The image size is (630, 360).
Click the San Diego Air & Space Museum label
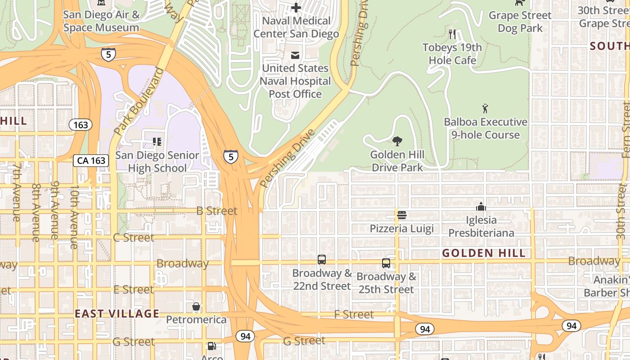[101, 21]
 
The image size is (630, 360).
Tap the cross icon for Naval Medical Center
[296, 7]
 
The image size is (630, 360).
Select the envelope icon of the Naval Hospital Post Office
[295, 55]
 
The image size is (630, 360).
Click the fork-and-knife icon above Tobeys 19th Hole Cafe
[452, 34]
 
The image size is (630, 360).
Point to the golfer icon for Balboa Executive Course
[485, 108]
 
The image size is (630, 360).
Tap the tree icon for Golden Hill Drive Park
[397, 142]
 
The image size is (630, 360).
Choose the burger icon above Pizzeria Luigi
[402, 215]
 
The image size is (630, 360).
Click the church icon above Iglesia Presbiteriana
[481, 207]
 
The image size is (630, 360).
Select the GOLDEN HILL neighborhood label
[484, 253]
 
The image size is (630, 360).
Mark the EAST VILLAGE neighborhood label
[117, 314]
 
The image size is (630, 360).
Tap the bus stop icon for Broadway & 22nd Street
[322, 260]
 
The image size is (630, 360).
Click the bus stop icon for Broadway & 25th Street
[386, 263]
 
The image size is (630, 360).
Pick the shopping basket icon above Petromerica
[196, 307]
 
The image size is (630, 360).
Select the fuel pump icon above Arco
[211, 346]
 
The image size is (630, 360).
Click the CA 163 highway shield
[91, 161]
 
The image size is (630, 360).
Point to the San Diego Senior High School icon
[157, 142]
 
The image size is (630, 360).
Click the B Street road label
[216, 211]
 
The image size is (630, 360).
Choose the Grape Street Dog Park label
[520, 22]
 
